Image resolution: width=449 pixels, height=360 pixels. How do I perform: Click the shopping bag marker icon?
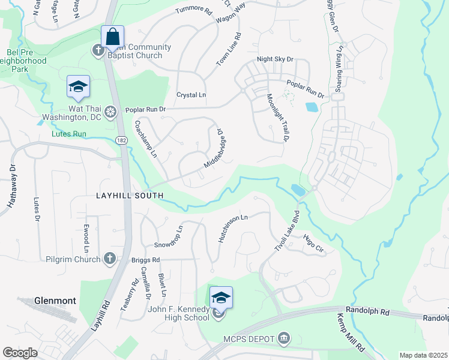pos(112,37)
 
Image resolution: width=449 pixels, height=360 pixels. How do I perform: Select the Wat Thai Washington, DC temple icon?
pos(110,112)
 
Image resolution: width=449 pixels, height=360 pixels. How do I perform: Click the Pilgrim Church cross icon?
pos(109,259)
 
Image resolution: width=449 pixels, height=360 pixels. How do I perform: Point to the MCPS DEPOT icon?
pos(284,340)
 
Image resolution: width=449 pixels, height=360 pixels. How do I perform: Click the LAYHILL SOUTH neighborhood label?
pos(130,196)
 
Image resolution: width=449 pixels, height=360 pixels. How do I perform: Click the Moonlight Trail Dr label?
pos(277,117)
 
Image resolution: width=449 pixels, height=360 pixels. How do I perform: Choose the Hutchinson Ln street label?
pos(232,229)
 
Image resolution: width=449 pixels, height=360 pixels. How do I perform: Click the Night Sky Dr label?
pos(275,59)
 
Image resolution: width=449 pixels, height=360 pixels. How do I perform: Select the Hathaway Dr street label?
pos(10,187)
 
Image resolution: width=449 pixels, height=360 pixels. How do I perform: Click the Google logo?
pos(20,353)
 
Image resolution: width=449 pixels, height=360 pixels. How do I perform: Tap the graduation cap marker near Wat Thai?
pos(78,88)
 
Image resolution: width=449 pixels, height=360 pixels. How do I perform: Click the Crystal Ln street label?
pos(191,95)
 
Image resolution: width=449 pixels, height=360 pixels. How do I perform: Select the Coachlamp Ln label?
pos(146,139)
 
